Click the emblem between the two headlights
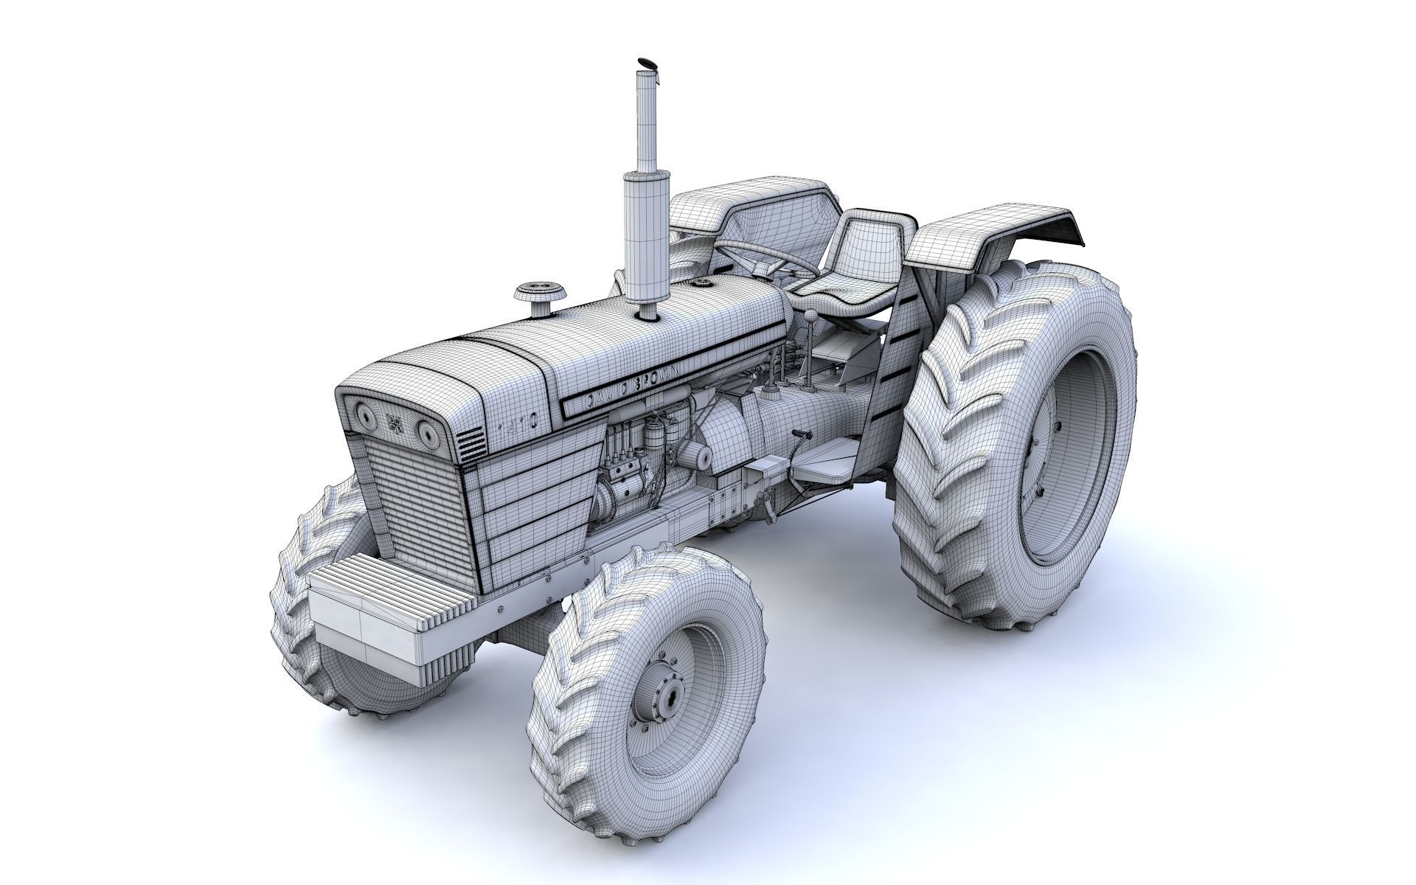point(395,423)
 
